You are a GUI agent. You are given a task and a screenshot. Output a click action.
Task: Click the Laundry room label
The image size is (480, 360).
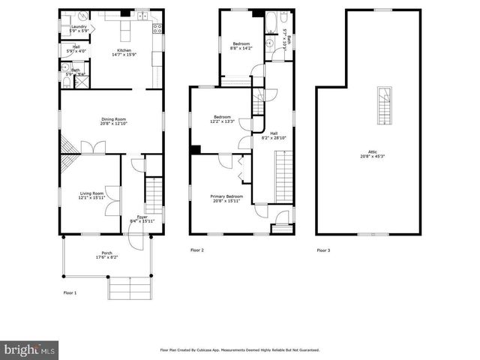click(79, 28)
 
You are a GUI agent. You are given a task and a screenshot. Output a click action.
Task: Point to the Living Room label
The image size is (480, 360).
click(91, 196)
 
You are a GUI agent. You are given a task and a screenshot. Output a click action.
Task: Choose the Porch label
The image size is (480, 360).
click(106, 255)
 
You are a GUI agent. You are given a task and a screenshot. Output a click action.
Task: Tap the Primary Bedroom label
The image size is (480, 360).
click(223, 198)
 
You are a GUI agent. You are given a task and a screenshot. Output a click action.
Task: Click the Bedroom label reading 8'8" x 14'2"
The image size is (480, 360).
click(241, 46)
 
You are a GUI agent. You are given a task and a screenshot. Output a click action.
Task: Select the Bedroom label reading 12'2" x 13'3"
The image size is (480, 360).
click(223, 118)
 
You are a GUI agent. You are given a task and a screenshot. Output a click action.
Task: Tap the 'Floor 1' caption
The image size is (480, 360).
click(69, 292)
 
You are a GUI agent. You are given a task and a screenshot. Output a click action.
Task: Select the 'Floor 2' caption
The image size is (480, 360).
click(196, 250)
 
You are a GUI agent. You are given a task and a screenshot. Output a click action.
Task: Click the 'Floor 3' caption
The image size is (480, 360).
click(322, 250)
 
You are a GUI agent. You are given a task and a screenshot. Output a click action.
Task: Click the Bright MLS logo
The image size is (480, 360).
click(29, 349)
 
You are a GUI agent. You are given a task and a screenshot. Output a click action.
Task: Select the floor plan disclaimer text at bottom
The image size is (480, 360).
click(240, 349)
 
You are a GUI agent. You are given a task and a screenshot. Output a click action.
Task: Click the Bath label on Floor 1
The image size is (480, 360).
click(75, 72)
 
